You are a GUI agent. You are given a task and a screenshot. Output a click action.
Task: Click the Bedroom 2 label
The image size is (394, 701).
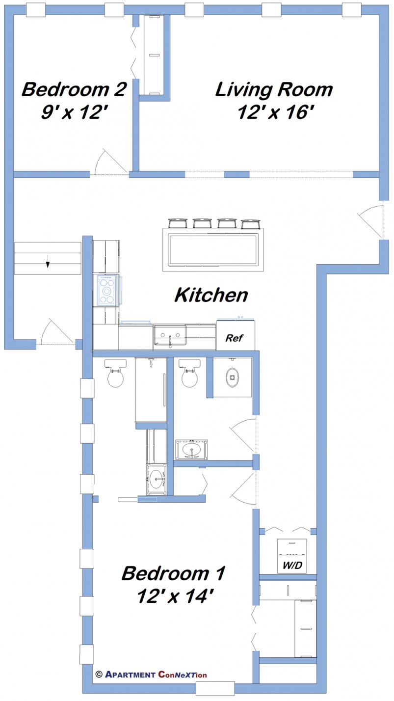pos(74,89)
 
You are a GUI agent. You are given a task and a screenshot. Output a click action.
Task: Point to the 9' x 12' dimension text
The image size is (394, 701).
pos(74,113)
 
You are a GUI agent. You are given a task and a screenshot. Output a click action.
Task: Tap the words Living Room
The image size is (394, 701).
pos(274,89)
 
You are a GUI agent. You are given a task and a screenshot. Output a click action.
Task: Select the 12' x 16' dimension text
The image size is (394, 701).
pos(275,113)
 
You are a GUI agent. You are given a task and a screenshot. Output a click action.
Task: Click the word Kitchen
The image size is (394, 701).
pos(211,295)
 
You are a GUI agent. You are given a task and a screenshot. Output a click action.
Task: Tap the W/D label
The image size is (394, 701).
pos(292,566)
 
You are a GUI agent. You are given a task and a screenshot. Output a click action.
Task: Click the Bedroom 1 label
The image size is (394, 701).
pos(173,572)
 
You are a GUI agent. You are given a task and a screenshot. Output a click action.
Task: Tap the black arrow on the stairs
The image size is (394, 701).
pos(48,265)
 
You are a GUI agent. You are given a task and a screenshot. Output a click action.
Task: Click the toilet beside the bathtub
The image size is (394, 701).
pos(115,374)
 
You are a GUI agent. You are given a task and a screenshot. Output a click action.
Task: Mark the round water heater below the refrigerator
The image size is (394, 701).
pos(232,377)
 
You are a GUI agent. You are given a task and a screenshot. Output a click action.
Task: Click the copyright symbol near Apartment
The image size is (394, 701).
pos(99,674)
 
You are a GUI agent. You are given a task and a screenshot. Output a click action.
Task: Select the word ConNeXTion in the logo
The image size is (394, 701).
pos(183,675)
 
